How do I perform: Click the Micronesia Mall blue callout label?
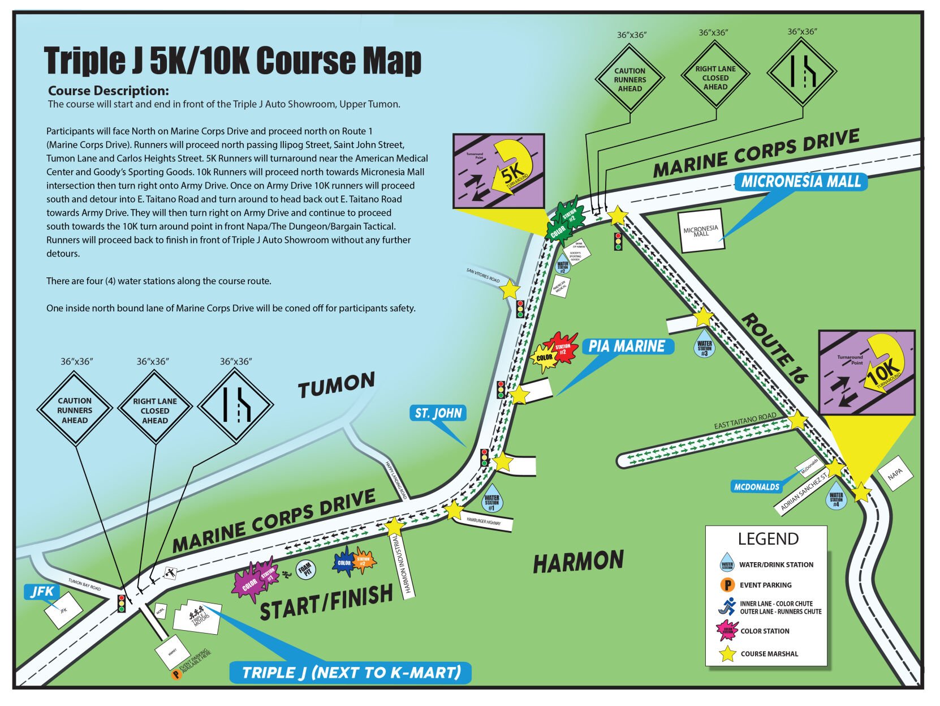pos(800,182)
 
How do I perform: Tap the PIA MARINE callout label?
pos(627,346)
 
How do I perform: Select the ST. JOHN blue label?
pos(438,413)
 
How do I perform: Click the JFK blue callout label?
pos(42,592)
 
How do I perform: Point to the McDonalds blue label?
pos(757,487)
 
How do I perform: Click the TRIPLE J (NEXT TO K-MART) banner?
pos(351,673)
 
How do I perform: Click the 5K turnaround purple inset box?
pos(498,171)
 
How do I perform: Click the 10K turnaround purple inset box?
pos(866,373)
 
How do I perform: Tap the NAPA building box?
pos(895,473)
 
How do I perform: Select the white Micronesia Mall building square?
pos(701,231)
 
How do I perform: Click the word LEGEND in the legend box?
pos(768,539)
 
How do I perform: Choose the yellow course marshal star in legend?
pos(727,654)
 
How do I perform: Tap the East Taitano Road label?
pos(744,422)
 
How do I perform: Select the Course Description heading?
pos(108,91)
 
